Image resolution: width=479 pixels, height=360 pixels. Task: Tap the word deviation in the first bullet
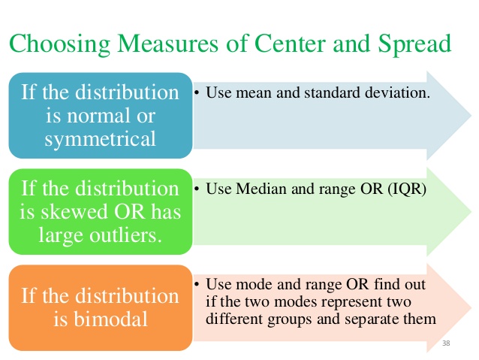(x=401, y=96)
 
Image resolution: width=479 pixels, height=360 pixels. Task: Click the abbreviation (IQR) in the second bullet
(x=405, y=190)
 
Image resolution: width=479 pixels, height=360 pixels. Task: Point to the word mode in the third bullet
(x=248, y=285)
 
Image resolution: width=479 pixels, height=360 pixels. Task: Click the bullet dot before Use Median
(x=197, y=190)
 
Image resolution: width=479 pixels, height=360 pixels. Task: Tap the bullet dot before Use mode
(x=197, y=285)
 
